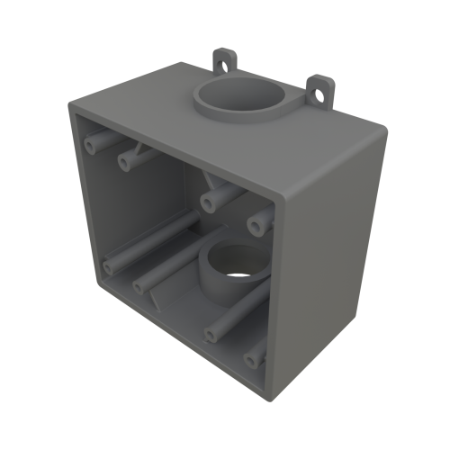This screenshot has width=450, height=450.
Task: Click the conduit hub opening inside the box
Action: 236,265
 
